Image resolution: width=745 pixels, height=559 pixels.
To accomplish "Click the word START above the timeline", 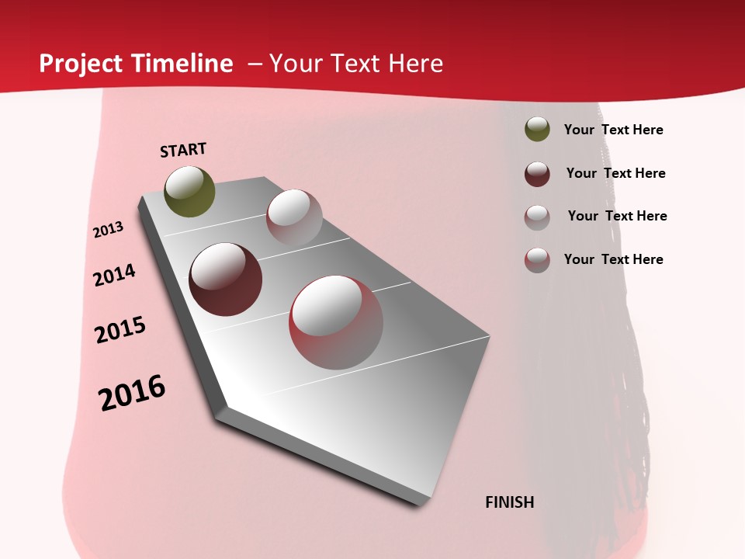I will point(183,150).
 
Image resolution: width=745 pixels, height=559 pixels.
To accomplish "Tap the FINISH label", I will point(509,502).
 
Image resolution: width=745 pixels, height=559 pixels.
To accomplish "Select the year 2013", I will point(109,230).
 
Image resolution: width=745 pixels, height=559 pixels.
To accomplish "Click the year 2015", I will point(120,330).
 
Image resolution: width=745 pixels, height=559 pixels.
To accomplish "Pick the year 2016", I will point(132,393).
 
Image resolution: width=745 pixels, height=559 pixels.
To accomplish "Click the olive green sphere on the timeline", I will point(189,191).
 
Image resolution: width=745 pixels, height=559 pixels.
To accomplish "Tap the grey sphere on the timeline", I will point(294,217).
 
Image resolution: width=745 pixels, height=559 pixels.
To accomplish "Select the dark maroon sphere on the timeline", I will point(225,279).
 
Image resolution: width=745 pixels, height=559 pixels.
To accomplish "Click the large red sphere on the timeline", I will point(336,322).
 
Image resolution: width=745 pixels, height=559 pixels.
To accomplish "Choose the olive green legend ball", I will point(537,130).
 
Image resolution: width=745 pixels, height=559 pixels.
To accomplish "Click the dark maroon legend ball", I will point(537,173).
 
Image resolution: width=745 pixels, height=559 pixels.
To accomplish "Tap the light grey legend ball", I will point(537,217).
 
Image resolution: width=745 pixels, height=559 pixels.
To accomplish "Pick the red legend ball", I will point(537,259).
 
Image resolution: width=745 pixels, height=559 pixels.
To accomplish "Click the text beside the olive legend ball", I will point(613,130).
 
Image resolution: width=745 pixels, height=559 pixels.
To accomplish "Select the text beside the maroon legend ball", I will point(615,173).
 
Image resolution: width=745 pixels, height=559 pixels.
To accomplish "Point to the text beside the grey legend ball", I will point(617,216).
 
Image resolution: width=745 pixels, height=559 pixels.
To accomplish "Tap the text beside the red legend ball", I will point(613,259).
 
